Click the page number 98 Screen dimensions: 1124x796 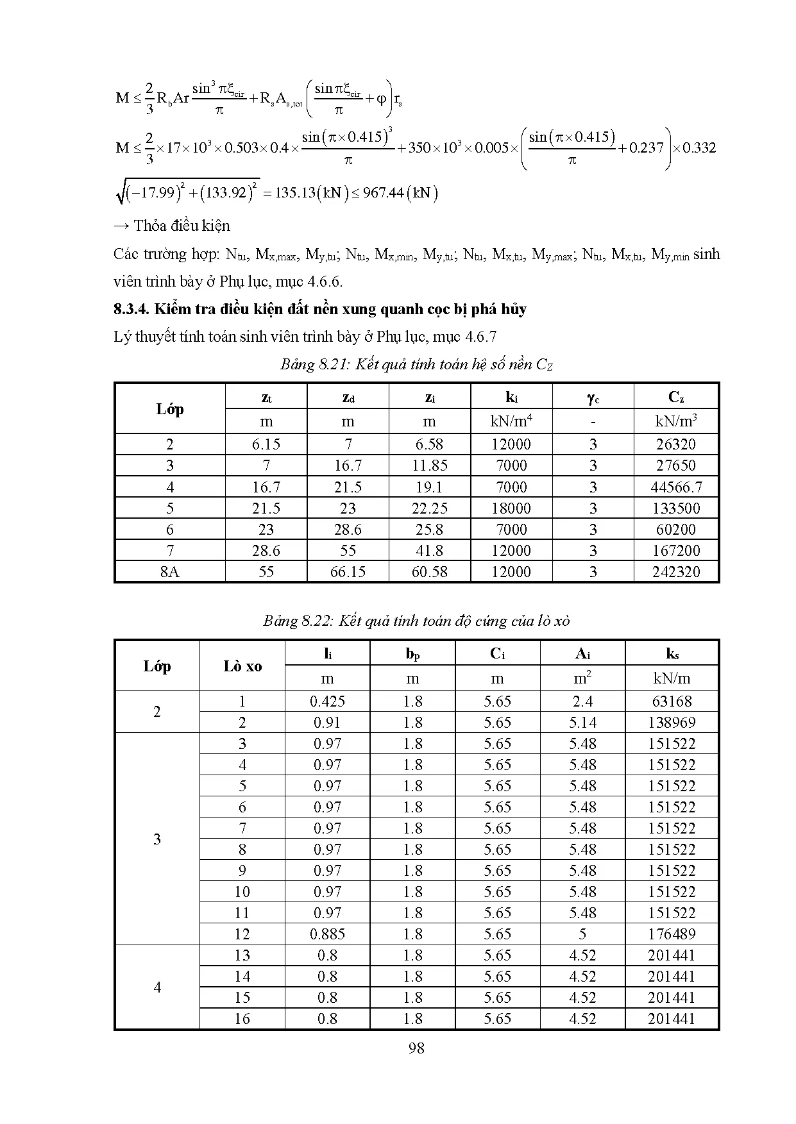416,1048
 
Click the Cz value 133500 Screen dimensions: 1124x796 676,508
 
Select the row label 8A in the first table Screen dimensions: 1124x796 170,572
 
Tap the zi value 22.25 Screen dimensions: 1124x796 429,508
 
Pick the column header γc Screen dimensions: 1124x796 593,398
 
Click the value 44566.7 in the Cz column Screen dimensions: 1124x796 676,487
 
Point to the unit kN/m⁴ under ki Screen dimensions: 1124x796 511,421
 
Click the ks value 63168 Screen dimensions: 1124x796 672,701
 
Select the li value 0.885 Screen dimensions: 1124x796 327,934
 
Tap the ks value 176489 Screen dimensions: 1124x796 672,934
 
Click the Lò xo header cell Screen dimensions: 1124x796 242,666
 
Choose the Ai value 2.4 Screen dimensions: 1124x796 582,701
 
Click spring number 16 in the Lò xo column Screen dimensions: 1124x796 242,1019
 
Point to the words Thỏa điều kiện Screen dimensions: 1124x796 182,226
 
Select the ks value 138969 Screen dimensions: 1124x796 672,723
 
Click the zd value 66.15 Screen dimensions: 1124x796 348,572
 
